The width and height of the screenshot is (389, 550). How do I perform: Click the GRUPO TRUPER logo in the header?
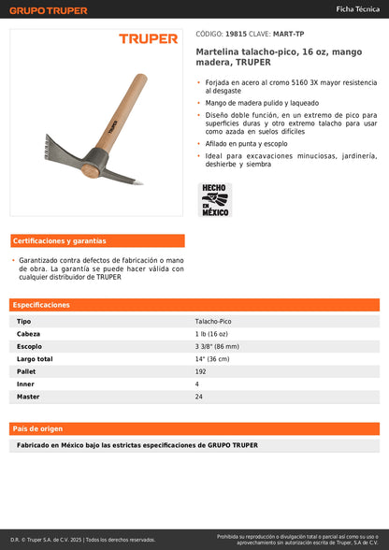tap(49, 10)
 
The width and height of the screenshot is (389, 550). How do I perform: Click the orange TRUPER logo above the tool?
tap(148, 39)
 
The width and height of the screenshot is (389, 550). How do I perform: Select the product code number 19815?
tap(236, 32)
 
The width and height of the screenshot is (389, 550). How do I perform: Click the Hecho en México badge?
tap(215, 199)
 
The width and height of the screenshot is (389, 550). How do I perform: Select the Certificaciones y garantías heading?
tap(60, 240)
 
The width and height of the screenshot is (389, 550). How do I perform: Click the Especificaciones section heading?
tap(42, 305)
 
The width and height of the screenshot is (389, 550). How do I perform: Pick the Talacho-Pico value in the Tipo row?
tap(213, 321)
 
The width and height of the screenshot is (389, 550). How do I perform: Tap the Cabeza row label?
tap(29, 333)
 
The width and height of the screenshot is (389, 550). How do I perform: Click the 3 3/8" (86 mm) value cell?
tap(220, 346)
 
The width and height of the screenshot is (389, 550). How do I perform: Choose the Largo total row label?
tap(35, 358)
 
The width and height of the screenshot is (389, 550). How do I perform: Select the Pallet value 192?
tap(201, 371)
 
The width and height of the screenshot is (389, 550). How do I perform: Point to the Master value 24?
tap(199, 397)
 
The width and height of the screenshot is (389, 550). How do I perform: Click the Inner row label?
tap(26, 384)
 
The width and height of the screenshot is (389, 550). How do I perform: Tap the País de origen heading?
tap(37, 428)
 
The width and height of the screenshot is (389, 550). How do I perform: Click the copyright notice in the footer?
tap(82, 540)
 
